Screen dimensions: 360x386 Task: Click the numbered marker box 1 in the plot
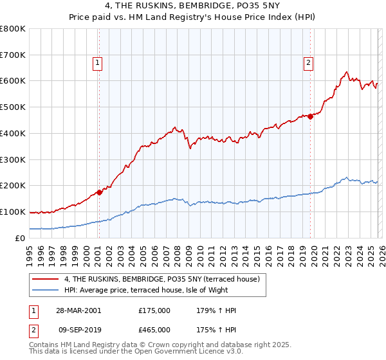[x=97, y=62]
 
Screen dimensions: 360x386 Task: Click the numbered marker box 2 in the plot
[x=308, y=62]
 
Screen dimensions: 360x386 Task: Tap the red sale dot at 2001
[x=100, y=192]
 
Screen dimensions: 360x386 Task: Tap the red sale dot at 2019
[x=310, y=116]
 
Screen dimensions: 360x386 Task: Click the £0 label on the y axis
[x=21, y=238]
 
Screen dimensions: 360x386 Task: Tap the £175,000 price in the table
[x=154, y=310]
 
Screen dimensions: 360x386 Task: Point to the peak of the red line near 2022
[x=346, y=72]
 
